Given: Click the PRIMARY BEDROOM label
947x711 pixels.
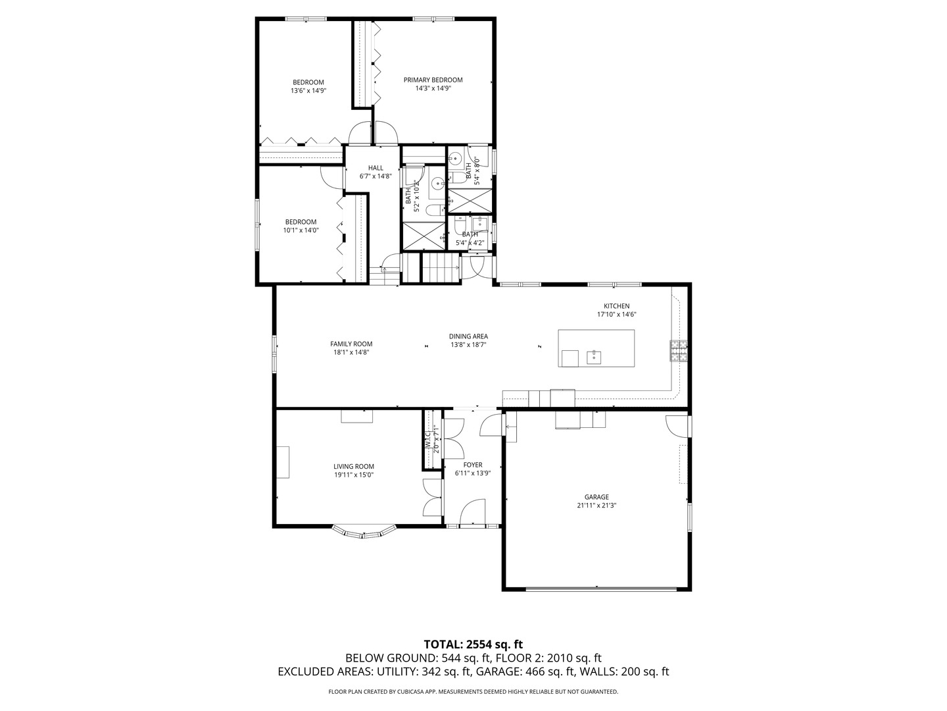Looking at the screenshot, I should [x=433, y=80].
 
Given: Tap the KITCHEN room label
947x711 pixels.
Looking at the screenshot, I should [x=617, y=305].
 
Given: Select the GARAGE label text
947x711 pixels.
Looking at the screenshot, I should [x=596, y=497].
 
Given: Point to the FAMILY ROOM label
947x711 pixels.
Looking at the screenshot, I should [x=351, y=344].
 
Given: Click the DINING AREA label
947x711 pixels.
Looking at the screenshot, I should [x=468, y=336].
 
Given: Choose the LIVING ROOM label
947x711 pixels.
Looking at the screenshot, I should [x=354, y=466].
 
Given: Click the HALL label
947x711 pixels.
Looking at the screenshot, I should [x=376, y=168].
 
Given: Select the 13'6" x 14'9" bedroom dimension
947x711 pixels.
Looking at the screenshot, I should [x=308, y=91].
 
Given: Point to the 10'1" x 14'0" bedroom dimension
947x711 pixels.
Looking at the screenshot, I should [x=301, y=230].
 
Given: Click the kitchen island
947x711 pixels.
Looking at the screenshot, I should [x=596, y=348].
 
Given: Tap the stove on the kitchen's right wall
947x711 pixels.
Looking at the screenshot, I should [x=678, y=351].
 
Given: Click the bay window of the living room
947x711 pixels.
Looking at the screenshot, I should [x=364, y=532].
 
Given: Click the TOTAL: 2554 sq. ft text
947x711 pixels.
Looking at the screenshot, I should [x=473, y=644].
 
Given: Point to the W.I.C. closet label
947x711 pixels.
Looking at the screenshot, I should [x=427, y=440].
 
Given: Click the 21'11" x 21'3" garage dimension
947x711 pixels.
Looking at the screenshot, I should [x=596, y=506].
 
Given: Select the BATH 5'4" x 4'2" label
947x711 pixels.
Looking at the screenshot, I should [x=470, y=238].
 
